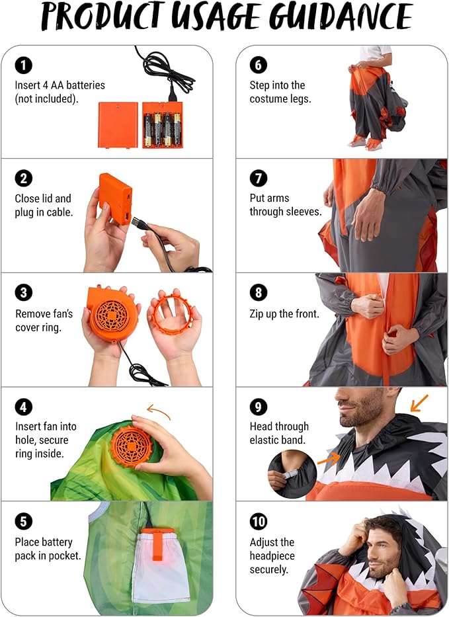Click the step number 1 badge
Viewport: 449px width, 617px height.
(23, 65)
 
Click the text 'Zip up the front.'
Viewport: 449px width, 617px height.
(284, 313)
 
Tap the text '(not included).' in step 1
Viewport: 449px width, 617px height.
(46, 98)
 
